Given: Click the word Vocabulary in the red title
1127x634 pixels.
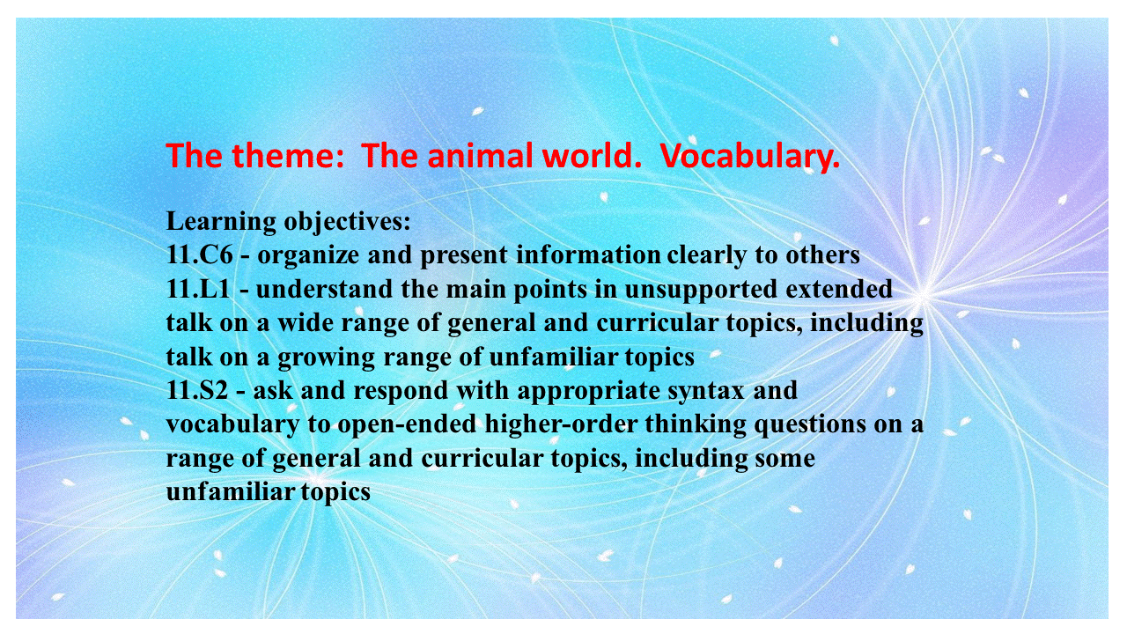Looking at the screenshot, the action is point(750,157).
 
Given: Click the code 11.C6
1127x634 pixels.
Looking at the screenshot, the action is point(200,254).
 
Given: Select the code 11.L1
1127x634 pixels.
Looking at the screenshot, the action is point(198,289).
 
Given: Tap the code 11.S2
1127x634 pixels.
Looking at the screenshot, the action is point(197,390).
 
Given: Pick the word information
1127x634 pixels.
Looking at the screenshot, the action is point(588,254).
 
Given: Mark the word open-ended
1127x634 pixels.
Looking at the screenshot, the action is point(407,425).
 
